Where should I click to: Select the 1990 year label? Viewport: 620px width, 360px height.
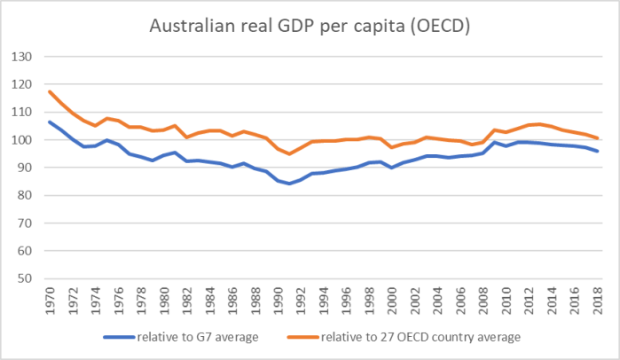[279, 299]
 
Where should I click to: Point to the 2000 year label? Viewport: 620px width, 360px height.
[393, 299]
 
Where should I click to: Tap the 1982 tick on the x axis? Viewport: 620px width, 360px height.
[187, 299]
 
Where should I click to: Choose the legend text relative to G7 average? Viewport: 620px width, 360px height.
[194, 337]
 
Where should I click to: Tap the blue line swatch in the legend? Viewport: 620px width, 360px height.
[116, 337]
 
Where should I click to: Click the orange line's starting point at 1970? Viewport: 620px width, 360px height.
[50, 91]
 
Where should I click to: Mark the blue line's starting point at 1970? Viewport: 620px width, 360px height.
[50, 121]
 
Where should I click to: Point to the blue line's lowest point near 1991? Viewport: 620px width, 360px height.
[290, 184]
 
